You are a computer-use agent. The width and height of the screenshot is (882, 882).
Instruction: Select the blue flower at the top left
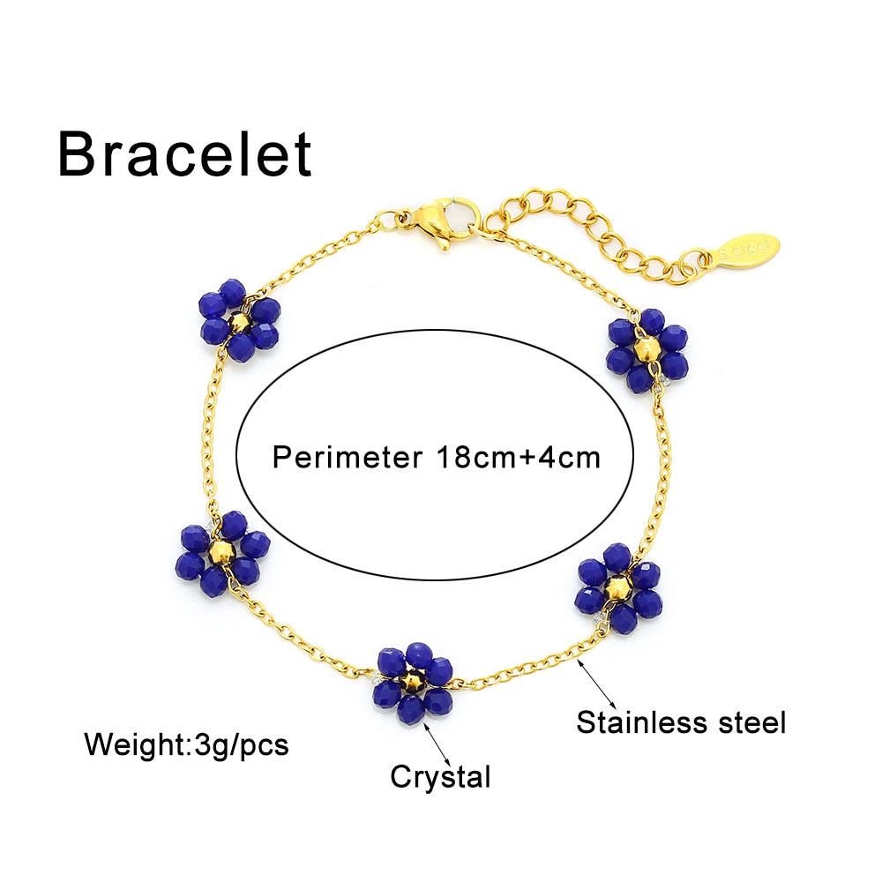click(239, 321)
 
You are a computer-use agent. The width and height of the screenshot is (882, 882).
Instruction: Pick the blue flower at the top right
click(647, 350)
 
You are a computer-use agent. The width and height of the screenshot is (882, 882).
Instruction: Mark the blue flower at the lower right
click(619, 587)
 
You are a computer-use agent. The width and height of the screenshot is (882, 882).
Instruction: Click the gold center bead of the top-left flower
click(239, 323)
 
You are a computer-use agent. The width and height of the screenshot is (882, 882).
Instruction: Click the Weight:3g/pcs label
click(186, 744)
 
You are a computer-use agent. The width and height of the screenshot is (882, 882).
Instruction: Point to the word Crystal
click(440, 777)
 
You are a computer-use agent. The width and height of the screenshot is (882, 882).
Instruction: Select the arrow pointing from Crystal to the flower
click(438, 743)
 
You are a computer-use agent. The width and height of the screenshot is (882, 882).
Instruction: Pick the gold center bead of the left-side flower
click(222, 553)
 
